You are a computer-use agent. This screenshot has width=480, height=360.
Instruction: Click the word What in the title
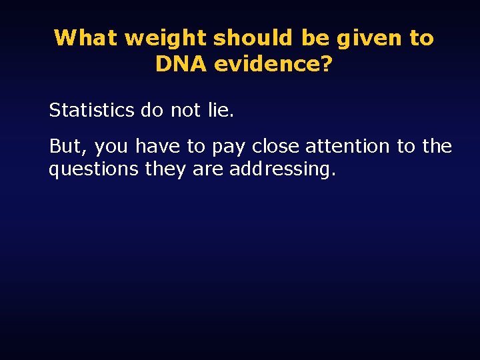coord(85,38)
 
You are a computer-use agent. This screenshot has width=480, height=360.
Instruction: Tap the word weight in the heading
coord(165,38)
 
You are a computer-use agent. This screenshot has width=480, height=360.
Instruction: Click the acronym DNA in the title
coord(181,64)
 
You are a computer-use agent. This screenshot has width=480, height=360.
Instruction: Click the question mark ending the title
coord(326,64)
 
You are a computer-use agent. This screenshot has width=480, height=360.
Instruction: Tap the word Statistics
coord(91,110)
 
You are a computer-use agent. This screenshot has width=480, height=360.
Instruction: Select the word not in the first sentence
coord(185,110)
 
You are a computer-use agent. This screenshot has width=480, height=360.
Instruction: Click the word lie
coord(221,110)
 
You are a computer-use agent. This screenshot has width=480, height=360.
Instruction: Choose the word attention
coord(347,146)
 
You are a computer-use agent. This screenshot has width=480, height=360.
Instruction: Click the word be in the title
coord(315,38)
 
